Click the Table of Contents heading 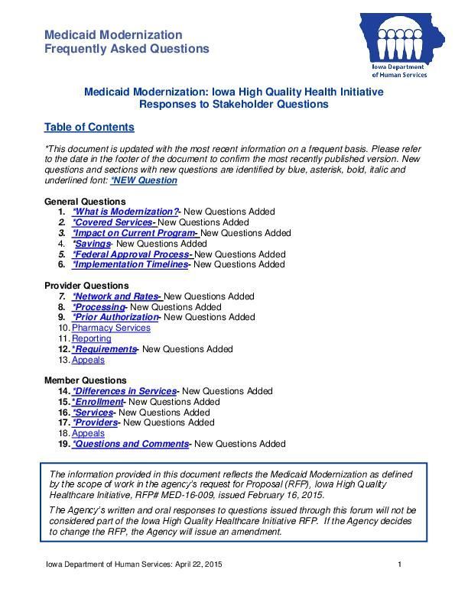pos(89,127)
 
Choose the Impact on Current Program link pos(135,233)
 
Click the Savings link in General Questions pos(91,244)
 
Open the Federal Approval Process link pos(132,254)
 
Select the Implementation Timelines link pos(130,264)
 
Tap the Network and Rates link pos(116,296)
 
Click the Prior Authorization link pos(115,317)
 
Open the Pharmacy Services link pos(111,328)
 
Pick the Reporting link pos(91,338)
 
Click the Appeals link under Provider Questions pos(88,360)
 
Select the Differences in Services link pos(124,391)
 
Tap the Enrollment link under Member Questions pos(97,402)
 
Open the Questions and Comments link pos(130,444)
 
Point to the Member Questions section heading pos(86,380)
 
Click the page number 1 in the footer pos(400,565)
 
